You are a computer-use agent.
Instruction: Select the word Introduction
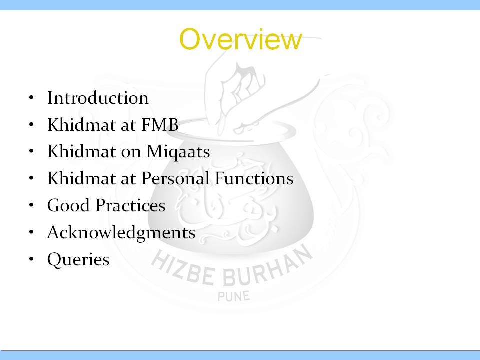click(x=98, y=98)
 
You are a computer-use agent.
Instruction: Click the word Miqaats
click(x=178, y=152)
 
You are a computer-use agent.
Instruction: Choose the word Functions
click(x=254, y=178)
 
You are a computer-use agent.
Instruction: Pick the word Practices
click(x=130, y=205)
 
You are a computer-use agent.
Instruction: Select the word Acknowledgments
click(x=121, y=233)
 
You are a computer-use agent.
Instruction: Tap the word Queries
click(x=78, y=260)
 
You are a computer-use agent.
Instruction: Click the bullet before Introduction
click(x=31, y=98)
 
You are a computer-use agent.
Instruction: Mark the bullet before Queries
click(x=31, y=259)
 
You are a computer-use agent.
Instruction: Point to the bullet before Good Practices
click(x=31, y=205)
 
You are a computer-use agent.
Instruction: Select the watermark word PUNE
click(x=234, y=296)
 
